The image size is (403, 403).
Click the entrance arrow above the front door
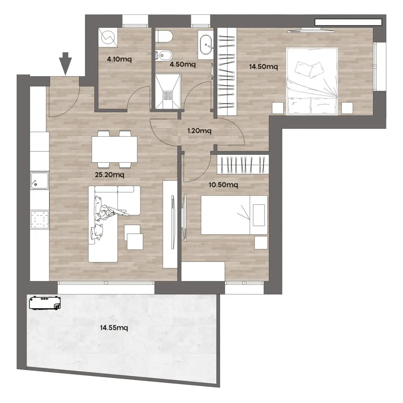(x=65, y=63)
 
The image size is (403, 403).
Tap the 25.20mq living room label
(x=109, y=175)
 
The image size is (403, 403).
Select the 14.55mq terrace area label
(x=114, y=328)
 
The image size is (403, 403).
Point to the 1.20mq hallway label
(x=199, y=131)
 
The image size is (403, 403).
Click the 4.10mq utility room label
(x=119, y=59)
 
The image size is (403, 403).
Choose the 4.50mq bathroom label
(x=183, y=64)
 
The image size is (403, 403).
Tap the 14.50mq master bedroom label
(x=263, y=67)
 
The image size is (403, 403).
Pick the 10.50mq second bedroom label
(x=224, y=185)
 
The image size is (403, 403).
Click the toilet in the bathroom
(x=165, y=37)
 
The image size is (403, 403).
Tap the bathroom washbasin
(x=206, y=45)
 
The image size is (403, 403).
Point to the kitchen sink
(x=40, y=181)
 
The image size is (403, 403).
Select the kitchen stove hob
(x=40, y=219)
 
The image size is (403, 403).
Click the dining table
(x=115, y=149)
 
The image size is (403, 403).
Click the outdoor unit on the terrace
(x=45, y=303)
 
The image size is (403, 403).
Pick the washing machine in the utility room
(x=108, y=37)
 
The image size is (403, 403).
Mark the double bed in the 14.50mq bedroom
(x=312, y=81)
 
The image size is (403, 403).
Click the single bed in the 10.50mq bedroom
(x=234, y=215)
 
